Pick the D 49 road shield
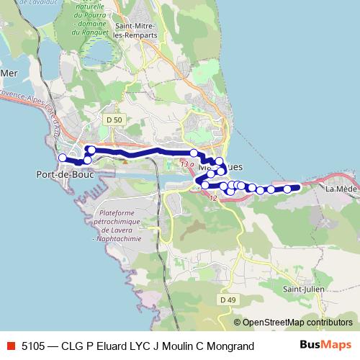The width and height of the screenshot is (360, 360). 228,300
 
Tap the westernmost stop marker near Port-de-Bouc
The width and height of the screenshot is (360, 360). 63,158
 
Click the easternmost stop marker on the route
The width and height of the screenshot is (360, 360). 287,189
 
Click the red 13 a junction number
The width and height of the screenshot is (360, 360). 187,165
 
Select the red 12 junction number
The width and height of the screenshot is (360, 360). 213,197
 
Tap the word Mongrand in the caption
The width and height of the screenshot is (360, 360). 230,346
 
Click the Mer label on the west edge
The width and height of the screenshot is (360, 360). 9,73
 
